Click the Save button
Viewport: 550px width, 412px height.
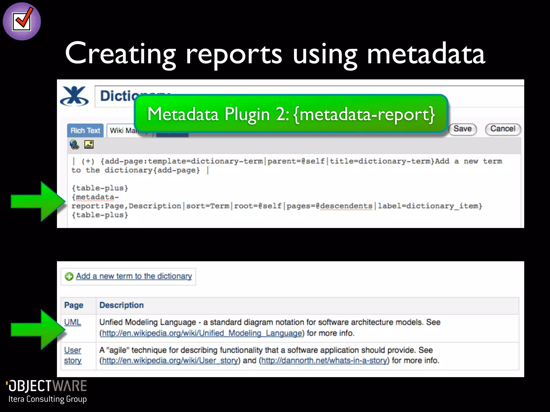tap(462, 129)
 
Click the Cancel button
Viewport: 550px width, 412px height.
tap(503, 129)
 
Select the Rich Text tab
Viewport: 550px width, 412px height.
tap(85, 131)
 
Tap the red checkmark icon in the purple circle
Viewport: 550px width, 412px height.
tap(22, 21)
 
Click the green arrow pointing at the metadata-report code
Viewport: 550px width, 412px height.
tap(38, 201)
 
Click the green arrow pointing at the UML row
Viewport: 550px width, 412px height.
tap(38, 330)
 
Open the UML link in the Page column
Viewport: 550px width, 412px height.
tap(73, 322)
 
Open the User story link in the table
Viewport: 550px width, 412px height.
tap(73, 355)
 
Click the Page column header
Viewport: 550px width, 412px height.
tap(74, 305)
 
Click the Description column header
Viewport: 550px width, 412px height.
tap(121, 305)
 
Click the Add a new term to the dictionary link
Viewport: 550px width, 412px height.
tap(134, 276)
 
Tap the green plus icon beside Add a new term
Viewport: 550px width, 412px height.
tap(69, 276)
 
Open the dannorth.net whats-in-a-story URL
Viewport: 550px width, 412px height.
tap(324, 360)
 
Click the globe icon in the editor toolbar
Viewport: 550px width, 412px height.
tap(74, 145)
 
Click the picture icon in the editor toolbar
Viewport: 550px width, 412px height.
tap(89, 145)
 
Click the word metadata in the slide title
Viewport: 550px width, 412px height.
tap(426, 54)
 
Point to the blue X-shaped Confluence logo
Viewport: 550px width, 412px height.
tap(74, 96)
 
